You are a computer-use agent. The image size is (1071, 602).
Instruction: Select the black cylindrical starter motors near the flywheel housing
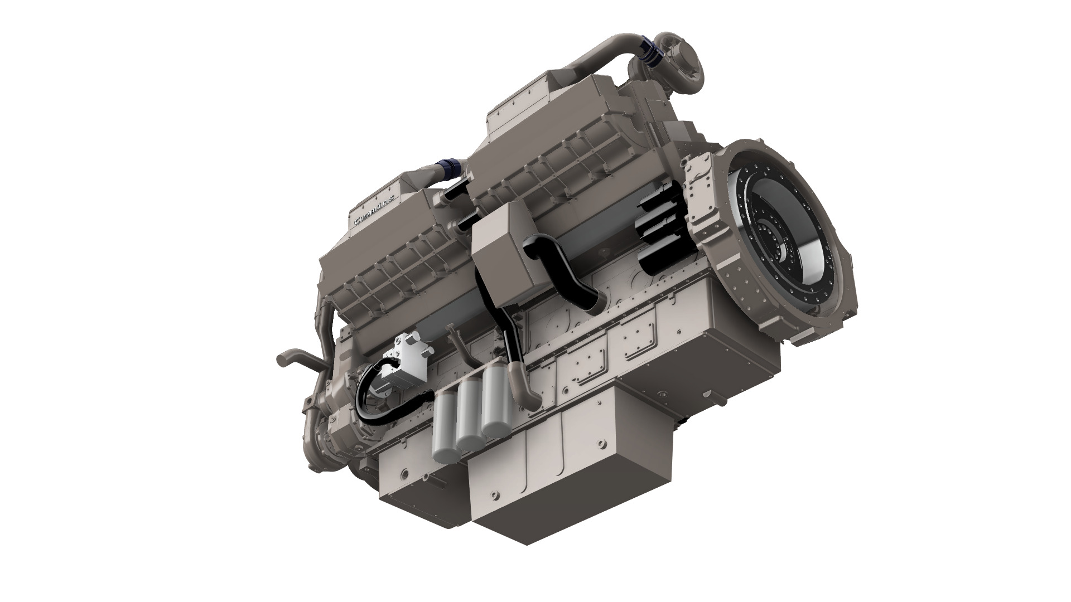[x=661, y=234]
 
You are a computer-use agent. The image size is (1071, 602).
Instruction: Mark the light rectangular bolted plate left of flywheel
[x=700, y=184]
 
